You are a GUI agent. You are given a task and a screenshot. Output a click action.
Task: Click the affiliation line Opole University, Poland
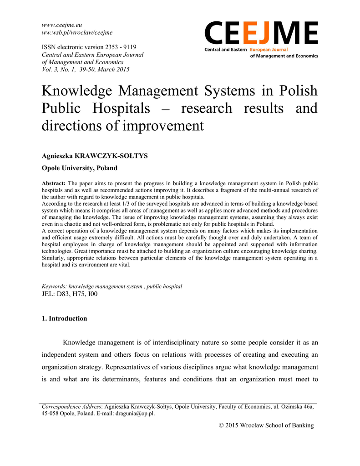coord(80,168)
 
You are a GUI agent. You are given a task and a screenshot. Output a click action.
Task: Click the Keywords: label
coord(54,286)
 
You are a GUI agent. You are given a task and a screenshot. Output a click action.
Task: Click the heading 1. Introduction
coord(64,319)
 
